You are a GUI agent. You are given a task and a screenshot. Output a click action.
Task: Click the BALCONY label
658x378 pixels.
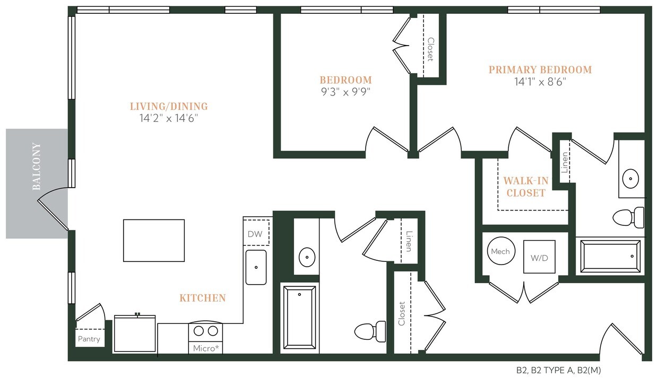click(37, 166)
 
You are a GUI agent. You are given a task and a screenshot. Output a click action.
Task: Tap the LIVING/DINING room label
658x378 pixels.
click(169, 107)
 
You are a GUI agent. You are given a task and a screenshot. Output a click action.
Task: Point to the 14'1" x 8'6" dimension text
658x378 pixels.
click(540, 82)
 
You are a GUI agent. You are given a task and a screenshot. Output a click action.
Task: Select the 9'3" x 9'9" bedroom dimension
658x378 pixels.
click(345, 91)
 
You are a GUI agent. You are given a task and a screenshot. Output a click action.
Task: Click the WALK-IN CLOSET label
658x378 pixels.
click(525, 187)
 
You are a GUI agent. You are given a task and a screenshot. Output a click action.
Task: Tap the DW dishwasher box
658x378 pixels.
click(255, 234)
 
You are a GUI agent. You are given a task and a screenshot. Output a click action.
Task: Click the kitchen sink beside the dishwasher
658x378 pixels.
click(256, 267)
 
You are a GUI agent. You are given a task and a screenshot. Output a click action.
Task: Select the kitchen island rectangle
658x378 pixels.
click(154, 240)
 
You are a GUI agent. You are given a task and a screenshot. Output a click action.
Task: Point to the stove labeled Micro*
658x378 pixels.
click(205, 338)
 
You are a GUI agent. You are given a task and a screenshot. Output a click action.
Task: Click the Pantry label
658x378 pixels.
click(89, 339)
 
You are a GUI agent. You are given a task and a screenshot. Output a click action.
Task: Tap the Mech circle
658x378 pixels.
click(500, 252)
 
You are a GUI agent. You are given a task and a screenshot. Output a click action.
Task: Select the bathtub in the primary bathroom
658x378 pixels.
click(610, 257)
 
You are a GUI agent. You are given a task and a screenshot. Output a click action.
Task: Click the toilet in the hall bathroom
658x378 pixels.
click(370, 331)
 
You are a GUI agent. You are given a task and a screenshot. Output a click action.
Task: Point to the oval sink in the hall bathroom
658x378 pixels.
click(307, 257)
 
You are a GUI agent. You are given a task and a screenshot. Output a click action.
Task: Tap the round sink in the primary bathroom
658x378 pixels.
click(630, 179)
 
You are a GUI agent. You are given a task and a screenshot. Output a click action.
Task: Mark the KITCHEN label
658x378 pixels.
click(203, 298)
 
